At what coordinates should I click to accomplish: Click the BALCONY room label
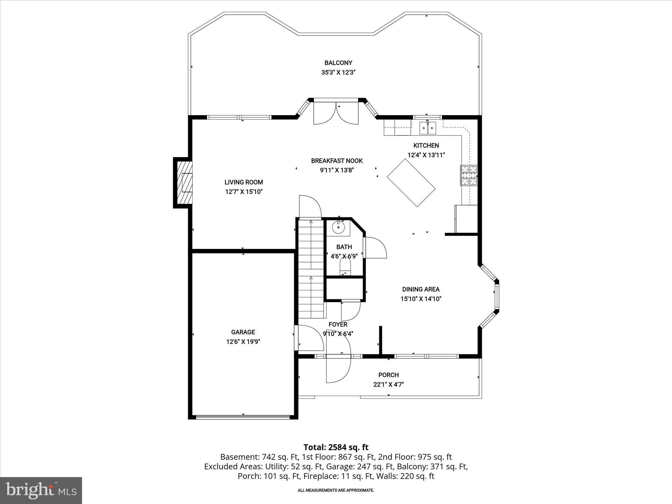point(338,63)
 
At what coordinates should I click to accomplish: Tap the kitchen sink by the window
point(428,128)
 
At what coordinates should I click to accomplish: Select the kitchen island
point(411,183)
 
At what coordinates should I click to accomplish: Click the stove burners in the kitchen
point(469,175)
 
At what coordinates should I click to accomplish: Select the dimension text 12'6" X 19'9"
point(243,342)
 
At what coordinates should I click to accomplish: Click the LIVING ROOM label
point(243,182)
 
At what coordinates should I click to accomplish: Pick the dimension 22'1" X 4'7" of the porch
point(388,384)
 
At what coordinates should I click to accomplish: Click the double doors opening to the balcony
point(335,113)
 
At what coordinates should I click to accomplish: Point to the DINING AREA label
point(421,289)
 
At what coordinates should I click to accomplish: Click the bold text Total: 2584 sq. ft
point(336,447)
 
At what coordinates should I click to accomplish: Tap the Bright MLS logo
point(41,490)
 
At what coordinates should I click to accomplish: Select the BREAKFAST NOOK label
point(337,160)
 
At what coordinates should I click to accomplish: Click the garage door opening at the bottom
point(243,417)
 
